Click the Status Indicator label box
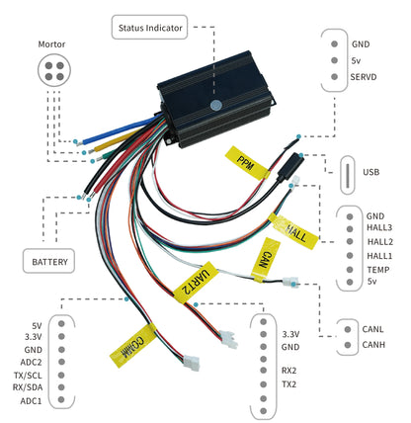coord(151,27)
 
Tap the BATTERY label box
coord(49,262)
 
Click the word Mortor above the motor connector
coord(51,44)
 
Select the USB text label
coord(371,172)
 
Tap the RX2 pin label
coord(289,369)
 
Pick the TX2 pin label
coord(289,382)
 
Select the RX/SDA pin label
coord(25,388)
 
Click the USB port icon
coord(348,172)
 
